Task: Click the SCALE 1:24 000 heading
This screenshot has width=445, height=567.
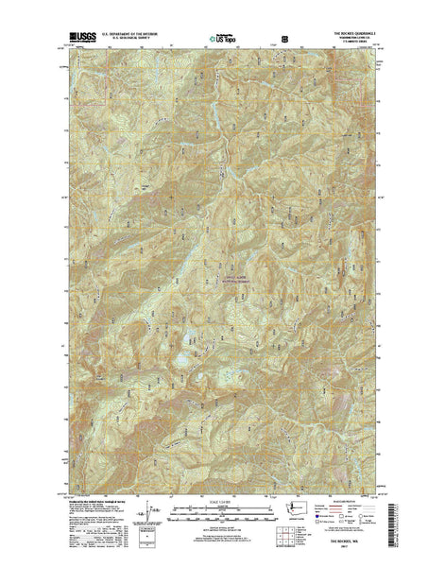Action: tap(221, 502)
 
